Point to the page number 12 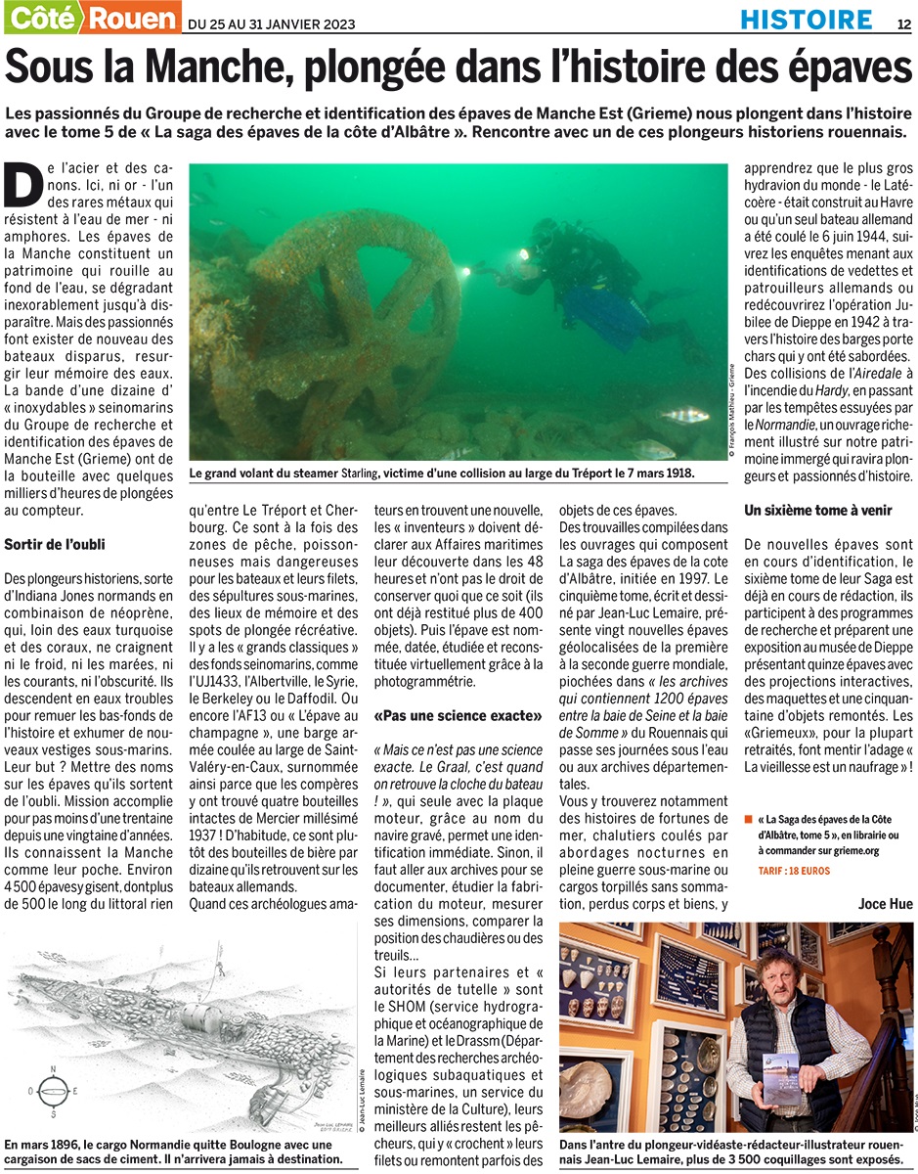click(x=903, y=21)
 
